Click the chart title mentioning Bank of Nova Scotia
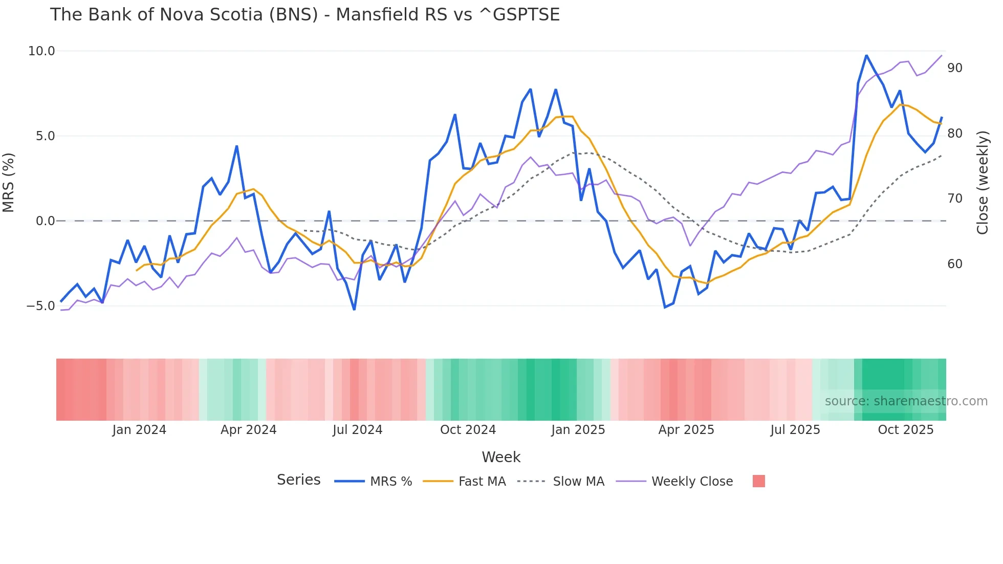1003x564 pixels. click(304, 14)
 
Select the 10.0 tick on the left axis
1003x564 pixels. click(41, 51)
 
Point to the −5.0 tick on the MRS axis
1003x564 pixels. click(40, 306)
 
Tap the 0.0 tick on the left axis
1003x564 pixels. click(45, 221)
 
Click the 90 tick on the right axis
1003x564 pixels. click(954, 68)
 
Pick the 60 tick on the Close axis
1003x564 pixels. click(954, 264)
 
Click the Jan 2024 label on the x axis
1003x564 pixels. click(139, 430)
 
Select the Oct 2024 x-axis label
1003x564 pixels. click(468, 430)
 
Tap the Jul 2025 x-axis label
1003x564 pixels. click(795, 430)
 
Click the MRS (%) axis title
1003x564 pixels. click(9, 183)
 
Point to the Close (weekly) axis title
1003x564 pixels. click(982, 183)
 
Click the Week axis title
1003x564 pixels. click(501, 457)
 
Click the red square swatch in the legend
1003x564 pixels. click(758, 481)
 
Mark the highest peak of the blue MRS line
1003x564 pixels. click(866, 55)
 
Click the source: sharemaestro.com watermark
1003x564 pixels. click(906, 401)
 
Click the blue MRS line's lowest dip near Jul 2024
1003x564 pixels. click(354, 309)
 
